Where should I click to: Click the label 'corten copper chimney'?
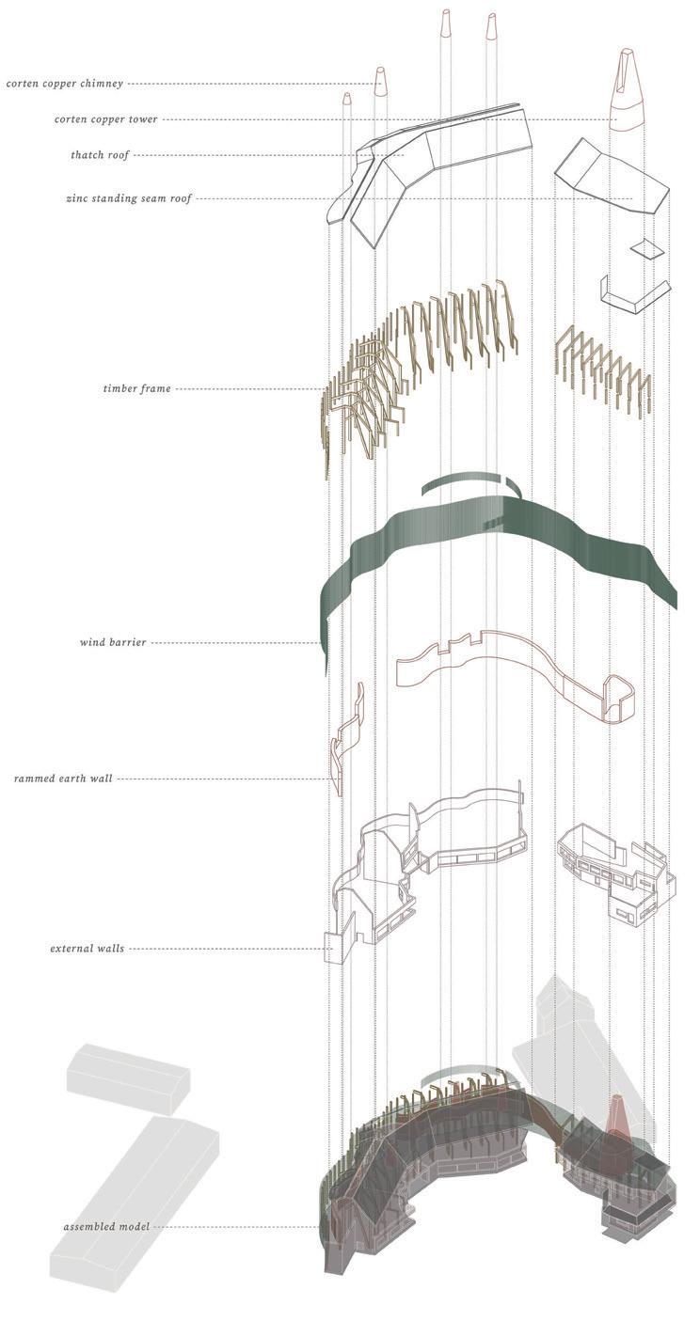tap(64, 84)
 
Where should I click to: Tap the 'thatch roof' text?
tap(99, 155)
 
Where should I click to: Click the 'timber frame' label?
tap(137, 388)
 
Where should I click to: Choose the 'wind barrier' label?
tap(113, 643)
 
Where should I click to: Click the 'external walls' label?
tap(87, 949)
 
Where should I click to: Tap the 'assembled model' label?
tap(106, 1227)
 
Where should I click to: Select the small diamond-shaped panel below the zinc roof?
tap(644, 248)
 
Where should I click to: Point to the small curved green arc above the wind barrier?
tap(469, 482)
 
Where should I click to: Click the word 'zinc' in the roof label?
tap(77, 199)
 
